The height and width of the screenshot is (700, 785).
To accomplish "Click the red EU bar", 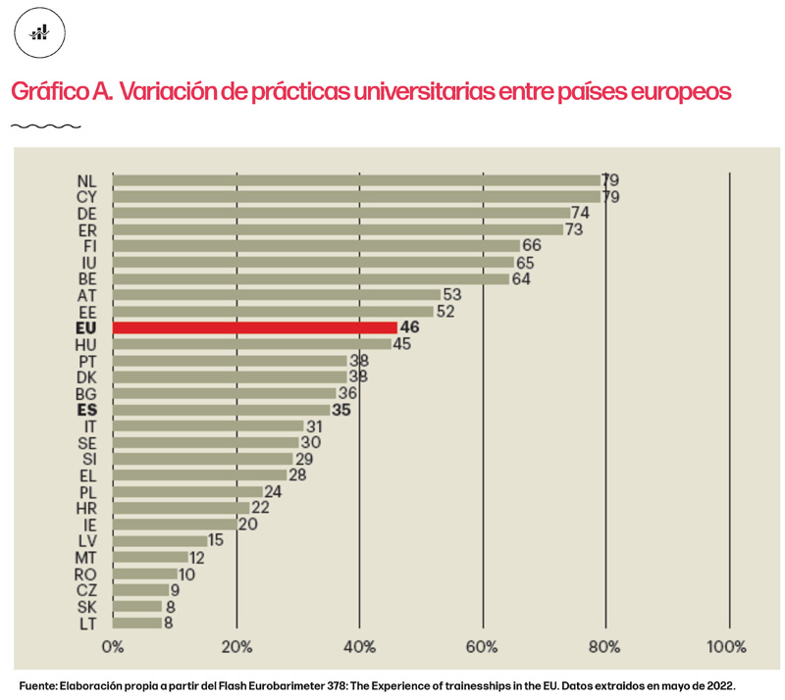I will pyautogui.click(x=255, y=327).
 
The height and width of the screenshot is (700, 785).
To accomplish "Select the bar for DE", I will pyautogui.click(x=341, y=213).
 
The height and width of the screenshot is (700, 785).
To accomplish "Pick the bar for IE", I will pyautogui.click(x=174, y=524).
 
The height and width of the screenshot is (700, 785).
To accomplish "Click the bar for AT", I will pyautogui.click(x=277, y=294).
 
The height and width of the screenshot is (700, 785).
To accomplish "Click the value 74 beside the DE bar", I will pyautogui.click(x=580, y=213).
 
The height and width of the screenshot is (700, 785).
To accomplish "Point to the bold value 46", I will pyautogui.click(x=410, y=327).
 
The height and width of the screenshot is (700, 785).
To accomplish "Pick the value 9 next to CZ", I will pyautogui.click(x=175, y=589).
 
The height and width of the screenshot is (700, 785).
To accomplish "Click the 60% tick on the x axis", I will pyautogui.click(x=483, y=647).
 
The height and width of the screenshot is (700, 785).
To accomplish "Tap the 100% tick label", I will pyautogui.click(x=727, y=647).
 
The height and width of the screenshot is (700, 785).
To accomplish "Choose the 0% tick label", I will pyautogui.click(x=113, y=647).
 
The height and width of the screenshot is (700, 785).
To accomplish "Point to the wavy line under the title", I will pyautogui.click(x=45, y=125).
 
